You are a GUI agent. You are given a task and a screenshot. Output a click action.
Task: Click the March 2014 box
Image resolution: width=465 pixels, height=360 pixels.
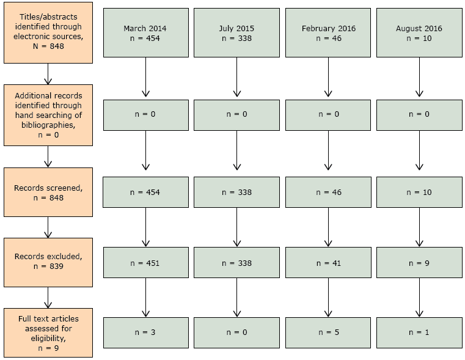coord(145,32)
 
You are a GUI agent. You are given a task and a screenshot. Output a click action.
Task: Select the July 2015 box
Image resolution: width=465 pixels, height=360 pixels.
coord(236,32)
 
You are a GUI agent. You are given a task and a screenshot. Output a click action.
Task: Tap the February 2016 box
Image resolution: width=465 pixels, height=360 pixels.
coord(328,32)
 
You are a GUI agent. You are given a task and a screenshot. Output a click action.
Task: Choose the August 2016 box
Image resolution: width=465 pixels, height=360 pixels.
coord(419,32)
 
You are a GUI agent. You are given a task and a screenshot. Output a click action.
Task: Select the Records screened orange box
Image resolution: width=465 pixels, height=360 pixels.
coord(48,193)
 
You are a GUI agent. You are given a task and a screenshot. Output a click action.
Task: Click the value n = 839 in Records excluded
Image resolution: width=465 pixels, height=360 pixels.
coord(48,266)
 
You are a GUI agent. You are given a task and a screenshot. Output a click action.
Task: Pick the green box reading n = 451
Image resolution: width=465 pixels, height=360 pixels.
coord(145,263)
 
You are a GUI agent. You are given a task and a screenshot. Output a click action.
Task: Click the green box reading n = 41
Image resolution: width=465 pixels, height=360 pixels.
coord(328,263)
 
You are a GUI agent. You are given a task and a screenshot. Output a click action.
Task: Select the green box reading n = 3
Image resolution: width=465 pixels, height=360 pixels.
coord(145,332)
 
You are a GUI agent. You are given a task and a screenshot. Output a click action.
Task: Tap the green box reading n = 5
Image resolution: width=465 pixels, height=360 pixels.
coord(328,332)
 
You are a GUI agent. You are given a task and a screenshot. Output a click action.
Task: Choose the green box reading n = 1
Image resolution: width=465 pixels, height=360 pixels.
coord(419,332)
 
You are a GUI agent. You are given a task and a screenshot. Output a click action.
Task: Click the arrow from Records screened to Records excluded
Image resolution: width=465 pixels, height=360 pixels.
coord(48,227)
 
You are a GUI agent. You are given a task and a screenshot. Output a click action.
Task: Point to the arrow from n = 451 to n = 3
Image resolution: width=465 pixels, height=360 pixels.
coord(145,298)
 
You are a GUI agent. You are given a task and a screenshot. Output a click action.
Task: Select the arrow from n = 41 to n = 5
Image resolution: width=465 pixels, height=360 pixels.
coord(328,298)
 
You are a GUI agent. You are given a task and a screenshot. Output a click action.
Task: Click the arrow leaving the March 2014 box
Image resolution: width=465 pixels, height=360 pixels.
coord(145,77)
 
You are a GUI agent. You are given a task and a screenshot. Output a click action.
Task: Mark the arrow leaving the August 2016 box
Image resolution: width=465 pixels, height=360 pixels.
coord(419,77)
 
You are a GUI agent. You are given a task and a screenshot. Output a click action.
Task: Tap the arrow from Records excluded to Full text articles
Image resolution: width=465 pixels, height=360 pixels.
coord(48,298)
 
